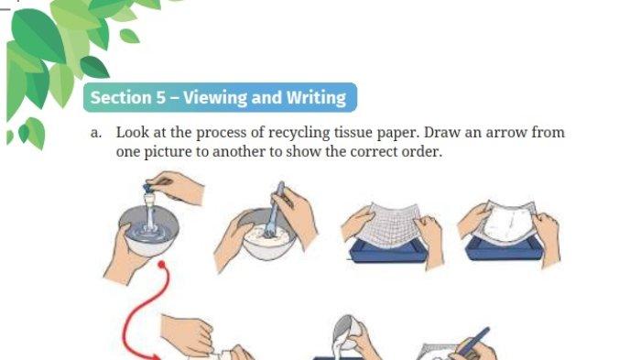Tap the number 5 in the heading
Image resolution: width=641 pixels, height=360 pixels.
pos(160,97)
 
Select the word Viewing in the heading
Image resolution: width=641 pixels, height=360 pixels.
pos(215,98)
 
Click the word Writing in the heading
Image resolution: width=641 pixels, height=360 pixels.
pos(316,98)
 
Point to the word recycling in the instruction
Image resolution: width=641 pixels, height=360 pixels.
pos(299,133)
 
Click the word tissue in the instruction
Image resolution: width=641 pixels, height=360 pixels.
pos(353,132)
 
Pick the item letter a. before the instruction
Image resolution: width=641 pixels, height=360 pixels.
pos(95,133)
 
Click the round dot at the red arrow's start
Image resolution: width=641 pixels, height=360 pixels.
pos(161,265)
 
